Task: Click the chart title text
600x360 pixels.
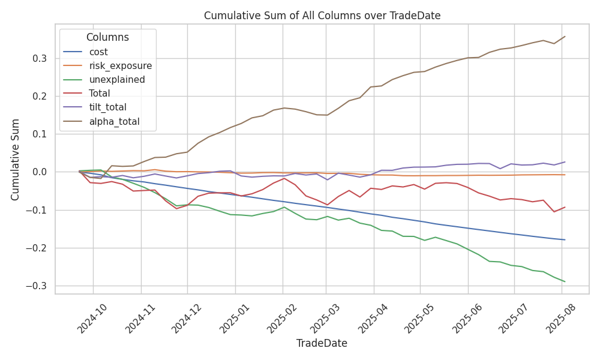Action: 322,16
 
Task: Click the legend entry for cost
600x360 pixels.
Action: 98,52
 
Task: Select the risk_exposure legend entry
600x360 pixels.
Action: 120,66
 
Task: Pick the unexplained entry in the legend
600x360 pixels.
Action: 116,80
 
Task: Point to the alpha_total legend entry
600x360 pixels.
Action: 114,121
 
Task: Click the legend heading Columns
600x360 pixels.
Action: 107,37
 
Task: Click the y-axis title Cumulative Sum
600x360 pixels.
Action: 16,159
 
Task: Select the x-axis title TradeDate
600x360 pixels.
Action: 322,343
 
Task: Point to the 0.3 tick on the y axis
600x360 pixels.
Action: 40,58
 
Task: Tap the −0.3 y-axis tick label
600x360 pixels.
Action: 37,286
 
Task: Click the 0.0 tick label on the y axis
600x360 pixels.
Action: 40,172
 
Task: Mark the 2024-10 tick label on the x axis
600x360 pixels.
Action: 89,317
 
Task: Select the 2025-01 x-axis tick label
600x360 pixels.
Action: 232,317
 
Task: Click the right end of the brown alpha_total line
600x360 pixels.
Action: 565,37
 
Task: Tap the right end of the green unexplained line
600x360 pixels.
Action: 565,281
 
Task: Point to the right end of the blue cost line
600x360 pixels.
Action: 565,239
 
